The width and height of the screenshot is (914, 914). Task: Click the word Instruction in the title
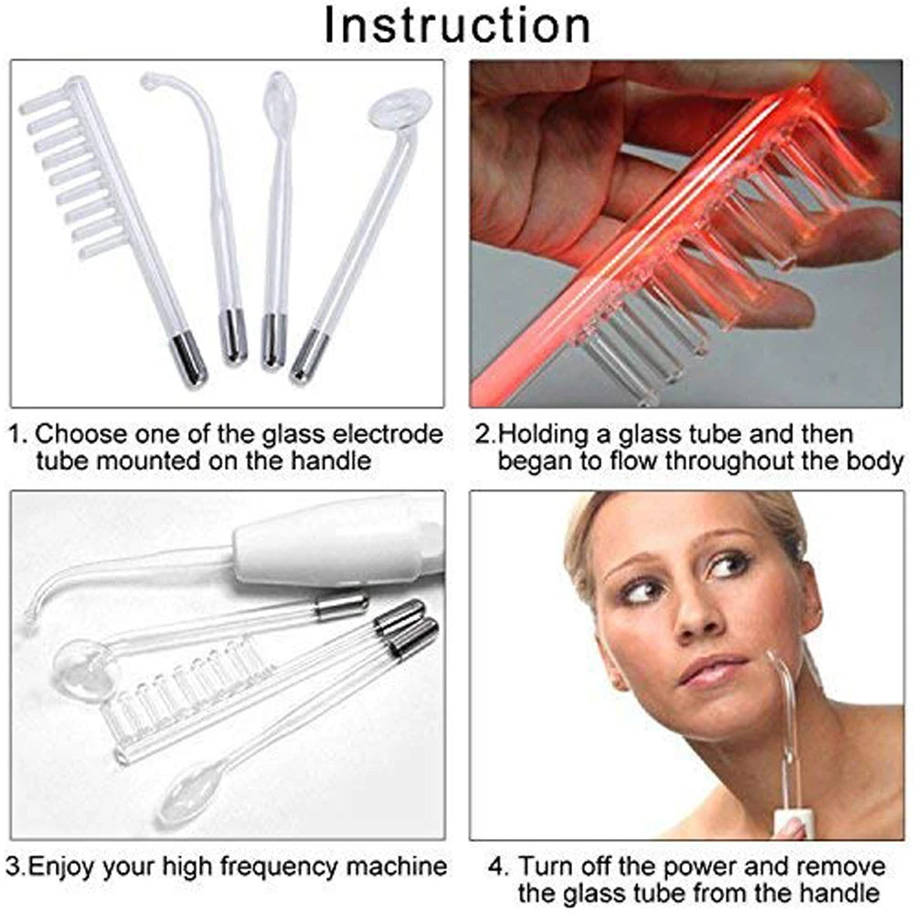click(457, 26)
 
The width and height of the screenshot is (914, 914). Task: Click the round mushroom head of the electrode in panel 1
click(399, 109)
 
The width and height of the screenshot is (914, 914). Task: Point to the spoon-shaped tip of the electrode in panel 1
click(277, 95)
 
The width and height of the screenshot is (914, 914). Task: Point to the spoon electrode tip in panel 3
click(188, 795)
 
